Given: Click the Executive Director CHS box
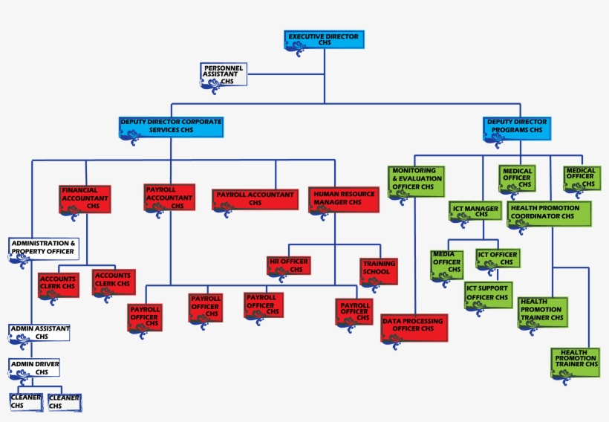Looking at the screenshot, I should click(x=324, y=40).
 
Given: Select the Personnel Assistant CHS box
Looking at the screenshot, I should click(x=224, y=75).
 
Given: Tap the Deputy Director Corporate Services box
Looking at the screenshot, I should click(x=170, y=127).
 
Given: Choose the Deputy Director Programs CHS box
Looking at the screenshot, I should click(x=517, y=127).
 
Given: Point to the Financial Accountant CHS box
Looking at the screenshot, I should click(x=85, y=199).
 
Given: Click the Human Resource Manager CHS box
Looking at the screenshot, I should click(x=342, y=199).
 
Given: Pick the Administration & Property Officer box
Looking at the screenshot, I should click(x=44, y=248).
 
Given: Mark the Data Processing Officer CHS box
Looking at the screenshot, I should click(x=414, y=327).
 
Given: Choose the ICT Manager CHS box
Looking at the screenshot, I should click(x=476, y=212).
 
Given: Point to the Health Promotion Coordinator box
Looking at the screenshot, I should click(x=549, y=214).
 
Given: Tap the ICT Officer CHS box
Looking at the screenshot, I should click(x=497, y=259).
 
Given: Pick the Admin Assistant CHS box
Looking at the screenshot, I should click(x=39, y=331).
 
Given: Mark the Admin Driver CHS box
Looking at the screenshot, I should click(x=34, y=367).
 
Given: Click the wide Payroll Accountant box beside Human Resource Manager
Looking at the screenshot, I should click(x=255, y=198).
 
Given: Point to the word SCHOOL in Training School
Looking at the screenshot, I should click(x=376, y=272).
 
